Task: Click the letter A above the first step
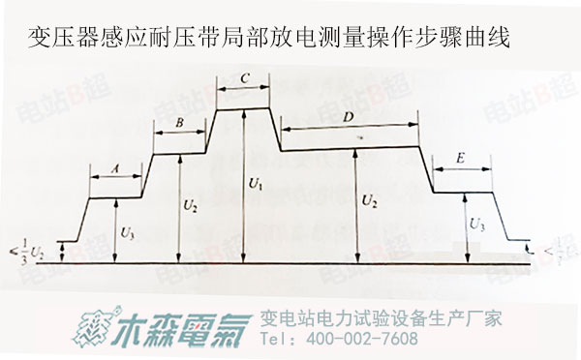(x=115, y=167)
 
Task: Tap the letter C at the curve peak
(x=244, y=76)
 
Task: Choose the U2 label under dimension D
(x=369, y=201)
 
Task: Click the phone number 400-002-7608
(x=362, y=340)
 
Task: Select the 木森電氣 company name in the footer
(x=179, y=327)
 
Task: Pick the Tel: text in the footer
(x=280, y=340)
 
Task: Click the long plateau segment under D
(x=349, y=148)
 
